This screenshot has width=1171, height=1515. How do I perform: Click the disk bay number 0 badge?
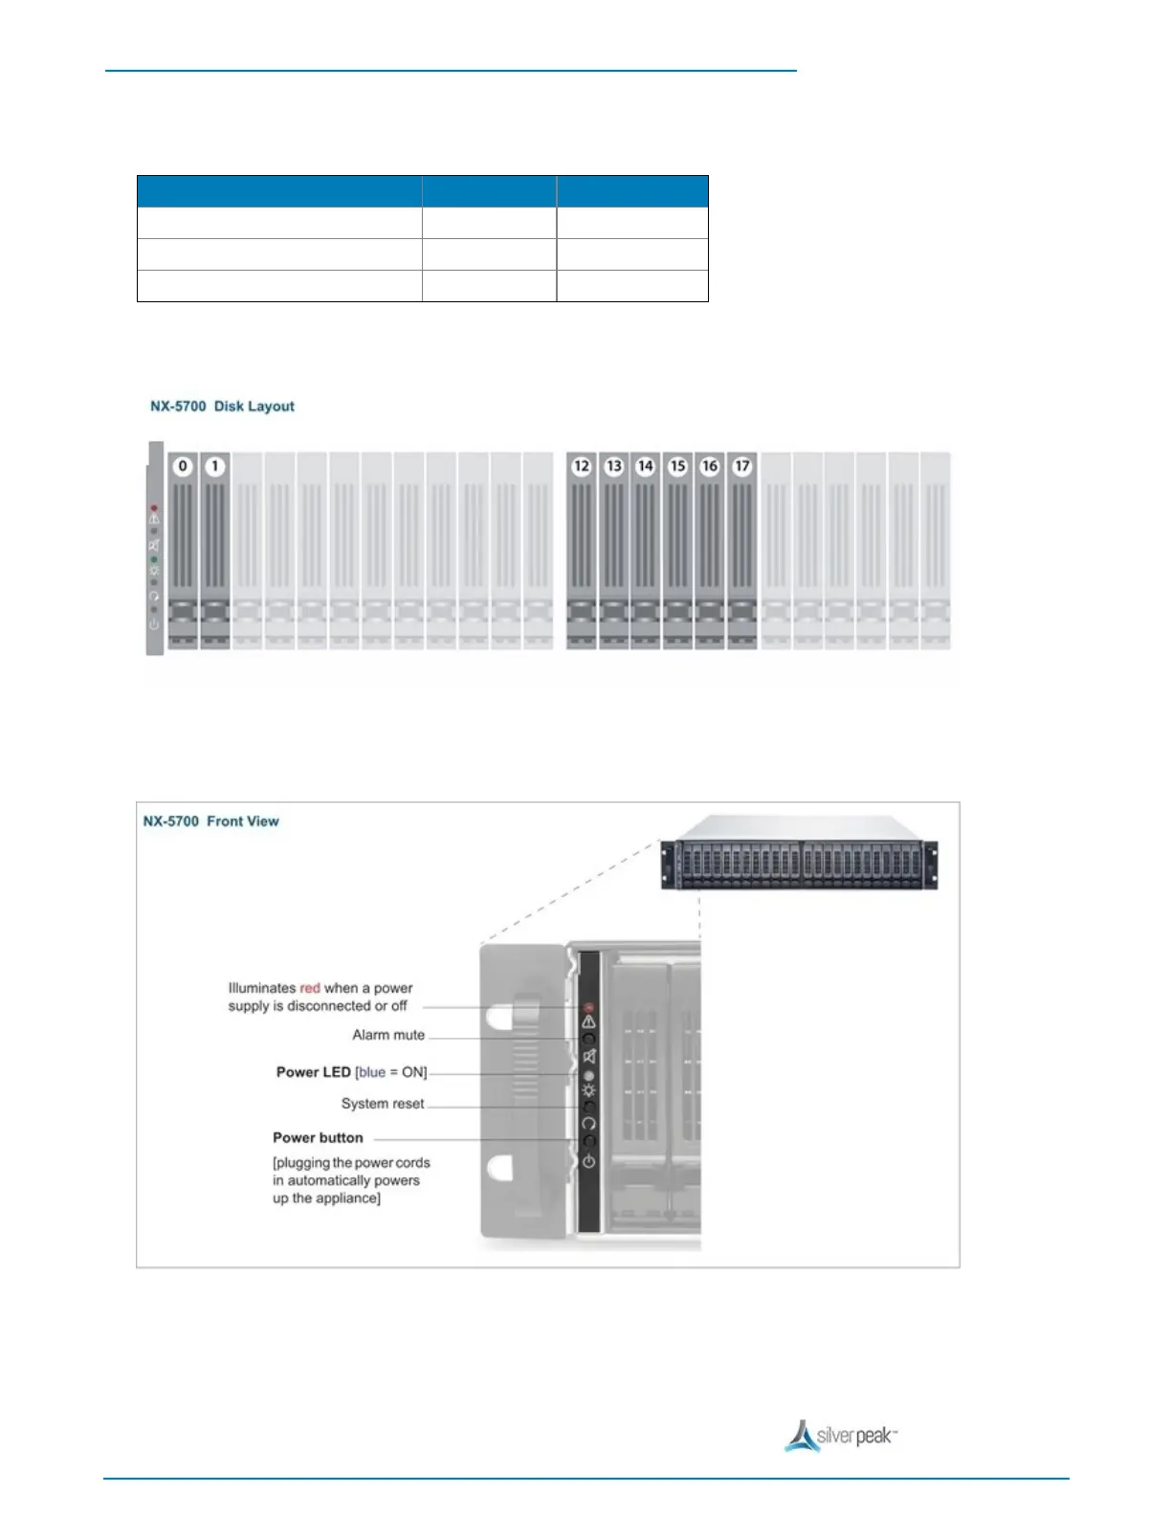[x=183, y=467]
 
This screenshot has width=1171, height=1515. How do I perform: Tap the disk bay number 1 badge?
[x=215, y=467]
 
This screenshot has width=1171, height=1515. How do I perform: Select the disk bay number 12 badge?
[x=582, y=467]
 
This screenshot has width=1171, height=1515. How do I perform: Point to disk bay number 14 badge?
[x=646, y=467]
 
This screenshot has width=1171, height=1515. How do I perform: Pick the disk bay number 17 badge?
[x=742, y=467]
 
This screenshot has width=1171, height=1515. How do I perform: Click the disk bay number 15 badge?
[x=678, y=467]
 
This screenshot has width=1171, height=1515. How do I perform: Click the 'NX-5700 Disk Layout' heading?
[x=222, y=406]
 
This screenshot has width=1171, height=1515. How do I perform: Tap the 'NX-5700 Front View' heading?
[x=210, y=822]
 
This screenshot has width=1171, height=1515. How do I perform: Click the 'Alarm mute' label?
[x=388, y=1035]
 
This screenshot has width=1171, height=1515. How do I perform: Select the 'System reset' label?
[x=383, y=1104]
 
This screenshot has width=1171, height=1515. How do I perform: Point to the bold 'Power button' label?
[x=318, y=1138]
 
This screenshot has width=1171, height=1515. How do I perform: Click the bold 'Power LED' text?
[x=313, y=1072]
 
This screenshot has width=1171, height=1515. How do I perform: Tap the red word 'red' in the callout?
[x=310, y=988]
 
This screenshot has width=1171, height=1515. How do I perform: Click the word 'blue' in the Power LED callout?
[x=372, y=1072]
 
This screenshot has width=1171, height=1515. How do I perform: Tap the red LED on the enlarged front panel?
[x=588, y=1008]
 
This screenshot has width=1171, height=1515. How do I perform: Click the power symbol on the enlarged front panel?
[x=588, y=1161]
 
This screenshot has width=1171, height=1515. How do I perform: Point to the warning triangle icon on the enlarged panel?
[x=588, y=1021]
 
